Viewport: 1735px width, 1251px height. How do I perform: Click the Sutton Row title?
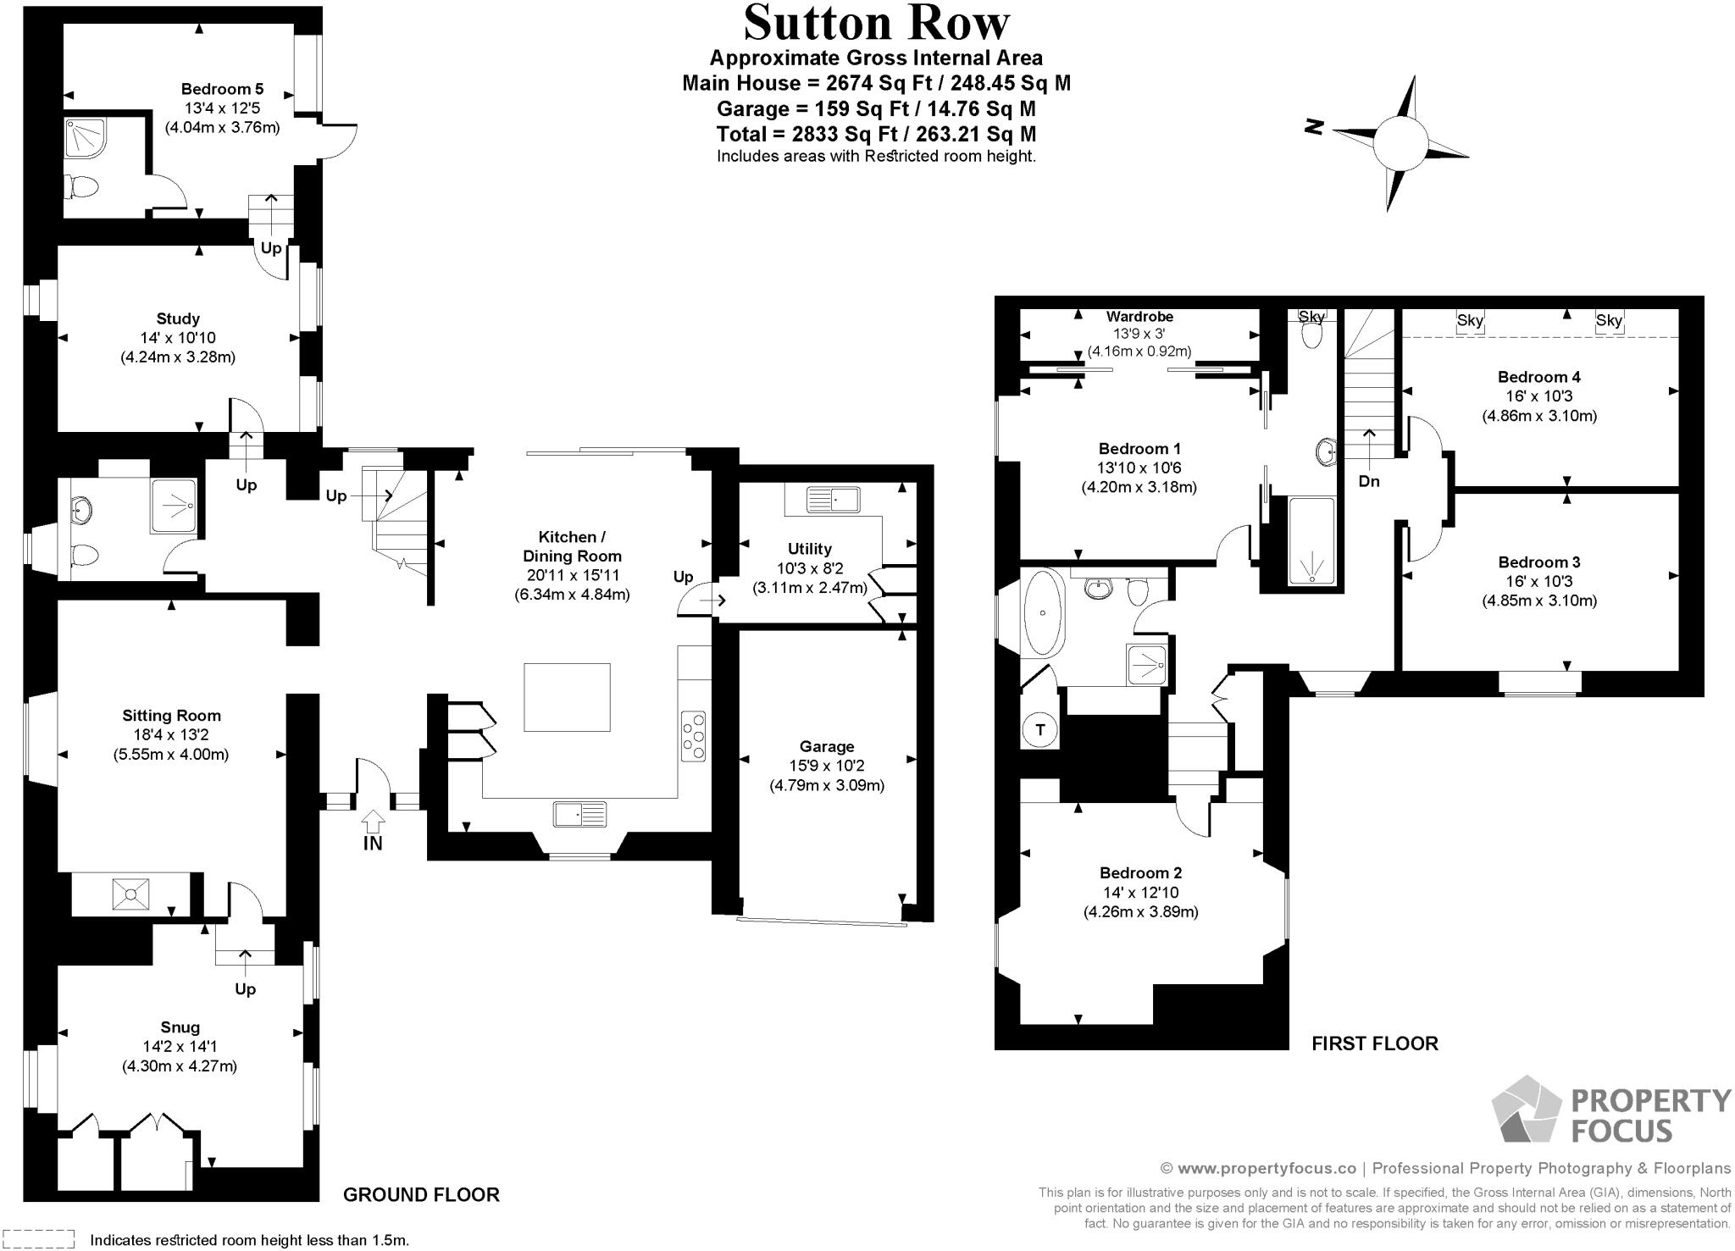[x=876, y=24]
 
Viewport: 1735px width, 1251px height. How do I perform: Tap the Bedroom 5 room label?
[x=222, y=89]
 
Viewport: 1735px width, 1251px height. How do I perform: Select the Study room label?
[x=178, y=318]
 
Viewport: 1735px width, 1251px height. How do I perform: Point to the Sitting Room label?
[x=171, y=716]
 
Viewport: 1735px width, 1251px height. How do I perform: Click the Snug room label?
[x=180, y=1027]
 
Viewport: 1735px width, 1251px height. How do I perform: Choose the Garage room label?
[x=826, y=746]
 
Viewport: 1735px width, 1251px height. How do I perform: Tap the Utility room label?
[x=809, y=548]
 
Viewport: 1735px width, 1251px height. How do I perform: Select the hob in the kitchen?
[x=693, y=737]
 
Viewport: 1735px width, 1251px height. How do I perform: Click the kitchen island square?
[x=567, y=697]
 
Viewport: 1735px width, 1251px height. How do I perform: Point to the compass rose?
[x=1400, y=142]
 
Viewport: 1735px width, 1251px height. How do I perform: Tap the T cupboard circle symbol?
[x=1040, y=729]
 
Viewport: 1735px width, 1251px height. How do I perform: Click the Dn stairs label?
[x=1369, y=481]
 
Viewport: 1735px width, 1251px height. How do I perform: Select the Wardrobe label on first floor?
[x=1139, y=317]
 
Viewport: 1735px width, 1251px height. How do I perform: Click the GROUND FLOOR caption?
[x=421, y=1194]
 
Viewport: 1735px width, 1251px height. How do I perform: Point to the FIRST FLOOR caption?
[x=1374, y=1043]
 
